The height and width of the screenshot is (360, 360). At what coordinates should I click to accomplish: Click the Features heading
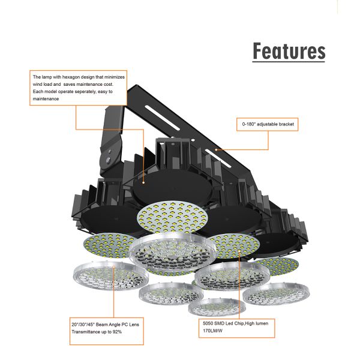click(289, 51)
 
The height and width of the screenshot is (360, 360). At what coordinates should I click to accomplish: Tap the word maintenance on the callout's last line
click(46, 99)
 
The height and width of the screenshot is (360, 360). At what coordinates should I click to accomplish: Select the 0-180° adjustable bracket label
click(268, 124)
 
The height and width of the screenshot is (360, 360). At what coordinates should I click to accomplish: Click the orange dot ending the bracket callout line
click(216, 149)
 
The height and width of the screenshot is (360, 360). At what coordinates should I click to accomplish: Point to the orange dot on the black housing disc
click(143, 182)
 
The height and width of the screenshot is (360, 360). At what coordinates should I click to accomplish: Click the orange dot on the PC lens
click(114, 266)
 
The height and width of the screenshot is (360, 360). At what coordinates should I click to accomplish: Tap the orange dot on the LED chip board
click(239, 251)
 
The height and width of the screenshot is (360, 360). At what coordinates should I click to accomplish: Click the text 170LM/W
click(212, 331)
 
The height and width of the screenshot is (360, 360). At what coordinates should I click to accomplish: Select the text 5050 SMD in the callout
click(214, 323)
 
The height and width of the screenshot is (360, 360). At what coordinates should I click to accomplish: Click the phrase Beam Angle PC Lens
click(118, 325)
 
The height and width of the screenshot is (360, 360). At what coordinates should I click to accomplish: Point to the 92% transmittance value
click(117, 332)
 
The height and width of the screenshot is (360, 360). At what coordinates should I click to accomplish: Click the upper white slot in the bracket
click(162, 118)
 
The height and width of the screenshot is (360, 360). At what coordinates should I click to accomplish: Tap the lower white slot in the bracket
click(218, 158)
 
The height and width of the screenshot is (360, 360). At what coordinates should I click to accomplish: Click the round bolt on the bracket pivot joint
click(108, 160)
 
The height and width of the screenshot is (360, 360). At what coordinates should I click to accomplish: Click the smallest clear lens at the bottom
click(217, 307)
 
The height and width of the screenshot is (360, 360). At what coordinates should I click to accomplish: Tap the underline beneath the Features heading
click(289, 62)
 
